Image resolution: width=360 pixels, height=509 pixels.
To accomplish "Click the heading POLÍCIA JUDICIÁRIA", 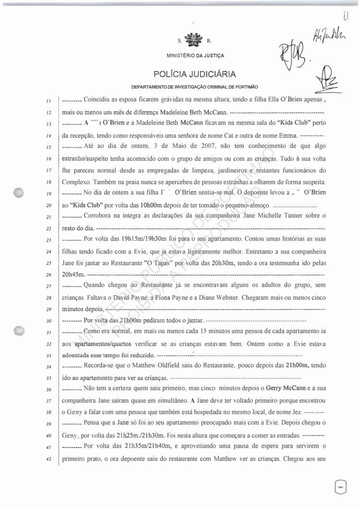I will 194,74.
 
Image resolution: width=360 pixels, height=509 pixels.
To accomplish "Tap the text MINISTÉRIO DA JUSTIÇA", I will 194,55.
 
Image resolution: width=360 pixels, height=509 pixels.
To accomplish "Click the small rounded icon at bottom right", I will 339,487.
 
